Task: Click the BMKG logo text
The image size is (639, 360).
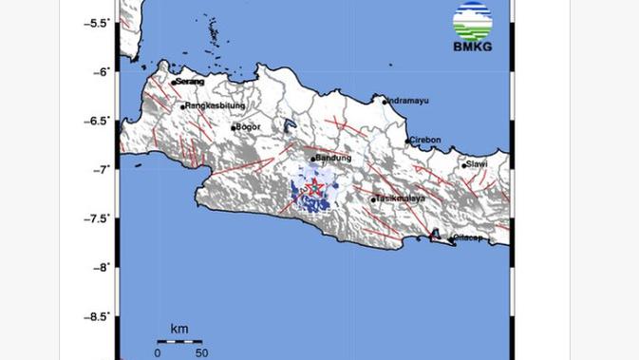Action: [x=472, y=47]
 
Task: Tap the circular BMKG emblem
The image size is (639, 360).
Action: [x=472, y=22]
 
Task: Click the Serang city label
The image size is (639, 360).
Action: [x=190, y=82]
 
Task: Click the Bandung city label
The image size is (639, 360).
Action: [x=334, y=158]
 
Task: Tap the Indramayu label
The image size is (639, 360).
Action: [x=408, y=100]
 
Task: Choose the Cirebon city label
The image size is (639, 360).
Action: [x=426, y=140]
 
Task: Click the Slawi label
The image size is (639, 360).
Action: [x=478, y=163]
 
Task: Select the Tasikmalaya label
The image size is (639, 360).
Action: [x=401, y=198]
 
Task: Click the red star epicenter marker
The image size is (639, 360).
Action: [x=312, y=188]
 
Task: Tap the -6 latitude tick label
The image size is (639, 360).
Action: [x=101, y=71]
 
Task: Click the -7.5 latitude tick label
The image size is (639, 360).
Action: [x=96, y=218]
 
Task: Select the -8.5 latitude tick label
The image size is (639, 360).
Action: [x=96, y=317]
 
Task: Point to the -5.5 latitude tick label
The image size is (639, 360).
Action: [x=96, y=22]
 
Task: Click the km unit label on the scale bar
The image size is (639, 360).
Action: [x=179, y=329]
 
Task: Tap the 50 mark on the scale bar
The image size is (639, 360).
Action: [x=201, y=352]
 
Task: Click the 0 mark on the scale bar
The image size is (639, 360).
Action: [x=158, y=352]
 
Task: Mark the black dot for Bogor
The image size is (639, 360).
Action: [x=234, y=127]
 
